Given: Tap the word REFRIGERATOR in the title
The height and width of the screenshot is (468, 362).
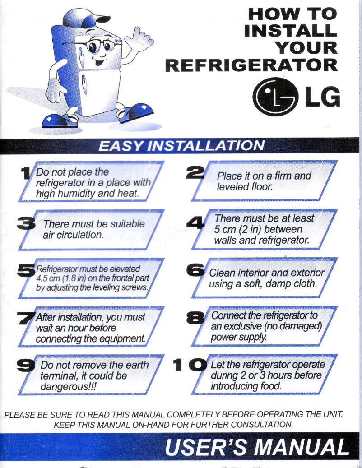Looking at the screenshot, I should (x=251, y=64).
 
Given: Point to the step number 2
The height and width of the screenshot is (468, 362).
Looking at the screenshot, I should (x=197, y=170).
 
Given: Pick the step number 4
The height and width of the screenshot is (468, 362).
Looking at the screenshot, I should (x=196, y=222).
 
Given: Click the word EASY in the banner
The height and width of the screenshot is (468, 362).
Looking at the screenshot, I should (x=120, y=146).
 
